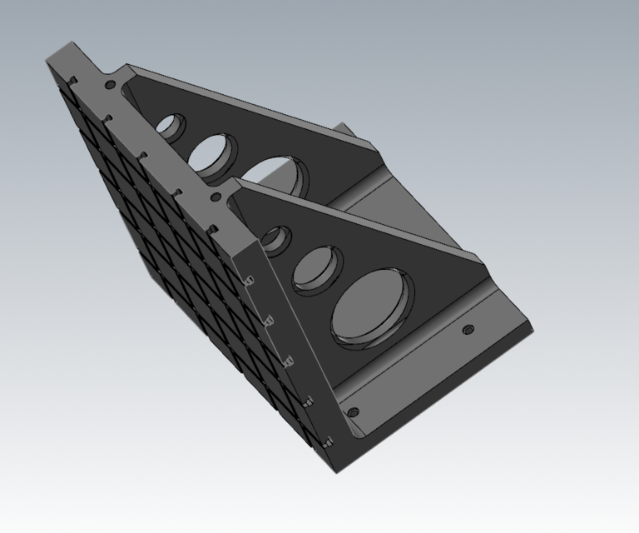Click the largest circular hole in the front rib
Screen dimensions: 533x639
point(371,306)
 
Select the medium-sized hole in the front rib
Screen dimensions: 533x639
point(316,267)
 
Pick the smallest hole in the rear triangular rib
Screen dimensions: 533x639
point(171,127)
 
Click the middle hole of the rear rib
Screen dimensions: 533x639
point(213,153)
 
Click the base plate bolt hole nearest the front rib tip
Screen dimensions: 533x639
point(468,330)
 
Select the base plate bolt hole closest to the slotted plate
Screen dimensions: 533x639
point(353,412)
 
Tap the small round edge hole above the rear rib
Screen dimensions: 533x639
point(108,84)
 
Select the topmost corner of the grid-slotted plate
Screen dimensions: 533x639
point(48,58)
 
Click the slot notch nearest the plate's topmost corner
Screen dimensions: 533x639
point(73,81)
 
